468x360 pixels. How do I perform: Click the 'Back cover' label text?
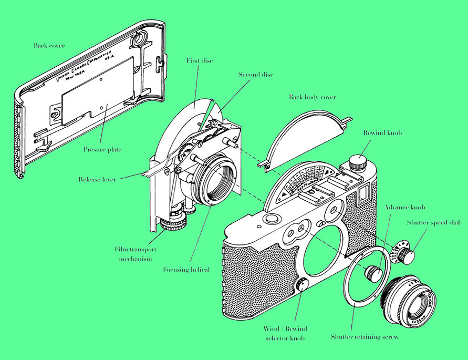(x=49, y=46)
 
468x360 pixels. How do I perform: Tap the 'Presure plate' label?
(x=102, y=150)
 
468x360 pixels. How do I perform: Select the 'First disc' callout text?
(x=200, y=61)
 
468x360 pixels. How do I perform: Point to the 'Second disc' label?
(x=255, y=75)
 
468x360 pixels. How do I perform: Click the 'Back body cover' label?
(x=312, y=97)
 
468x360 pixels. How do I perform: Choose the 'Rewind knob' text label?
(x=382, y=133)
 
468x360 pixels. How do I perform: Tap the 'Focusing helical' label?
(x=186, y=270)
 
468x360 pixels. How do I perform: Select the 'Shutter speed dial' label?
(x=433, y=222)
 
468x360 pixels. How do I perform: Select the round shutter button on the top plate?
(x=272, y=218)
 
